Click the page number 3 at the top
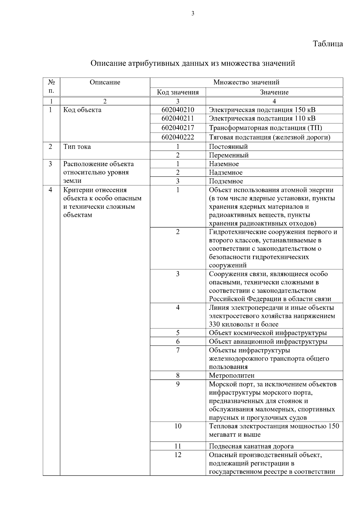point(193,13)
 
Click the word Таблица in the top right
point(328,44)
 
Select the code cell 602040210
point(178,110)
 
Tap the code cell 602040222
point(178,137)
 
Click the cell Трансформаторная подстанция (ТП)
point(265,128)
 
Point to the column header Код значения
point(178,92)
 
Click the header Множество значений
point(246,82)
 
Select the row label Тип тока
point(77,147)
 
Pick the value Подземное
point(226,181)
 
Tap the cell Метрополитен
point(232,376)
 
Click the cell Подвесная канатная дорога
point(251,446)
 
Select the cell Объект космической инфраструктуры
point(268,333)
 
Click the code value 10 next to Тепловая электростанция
point(178,426)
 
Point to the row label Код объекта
point(82,110)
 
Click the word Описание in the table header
point(105,82)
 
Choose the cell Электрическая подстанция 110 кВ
point(262,118)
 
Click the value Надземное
point(226,172)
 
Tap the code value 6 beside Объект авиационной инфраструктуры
point(178,342)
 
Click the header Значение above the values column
point(274,92)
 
